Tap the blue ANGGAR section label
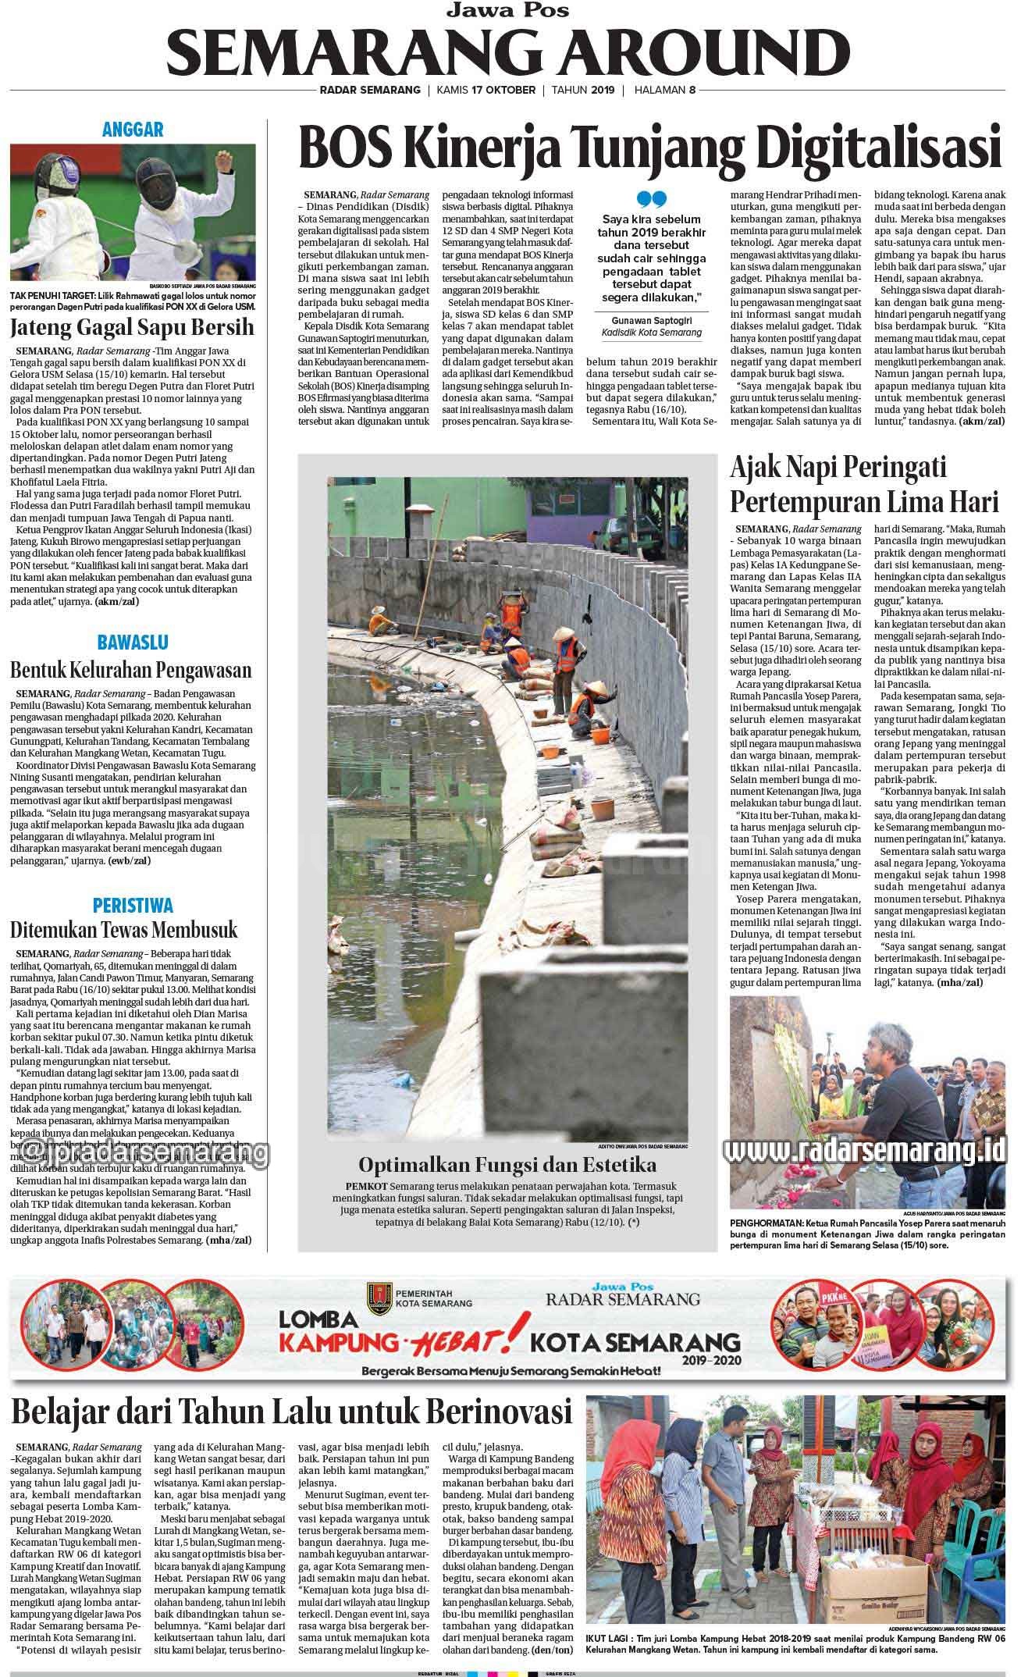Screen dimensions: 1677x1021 (132, 130)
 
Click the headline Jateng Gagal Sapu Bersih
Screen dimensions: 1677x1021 (132, 327)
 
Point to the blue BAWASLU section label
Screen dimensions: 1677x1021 (132, 643)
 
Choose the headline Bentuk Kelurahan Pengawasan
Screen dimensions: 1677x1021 (130, 670)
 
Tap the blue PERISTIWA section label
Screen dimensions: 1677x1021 (132, 906)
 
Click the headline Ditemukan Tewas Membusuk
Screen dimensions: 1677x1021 (123, 931)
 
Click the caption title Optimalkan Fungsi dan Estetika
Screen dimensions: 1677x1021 (507, 1165)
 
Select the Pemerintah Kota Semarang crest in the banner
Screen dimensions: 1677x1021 (377, 1298)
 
